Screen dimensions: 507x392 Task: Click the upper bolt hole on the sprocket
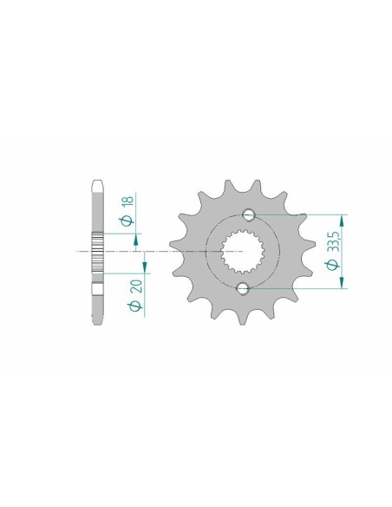point(247,214)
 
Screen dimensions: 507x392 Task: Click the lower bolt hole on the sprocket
point(243,287)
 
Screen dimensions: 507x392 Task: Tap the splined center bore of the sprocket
point(245,251)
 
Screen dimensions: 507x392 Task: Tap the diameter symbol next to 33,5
point(331,263)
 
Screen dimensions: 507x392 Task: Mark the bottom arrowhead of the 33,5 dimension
point(344,282)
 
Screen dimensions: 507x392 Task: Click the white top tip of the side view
point(96,186)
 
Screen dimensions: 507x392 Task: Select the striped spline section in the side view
point(96,251)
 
